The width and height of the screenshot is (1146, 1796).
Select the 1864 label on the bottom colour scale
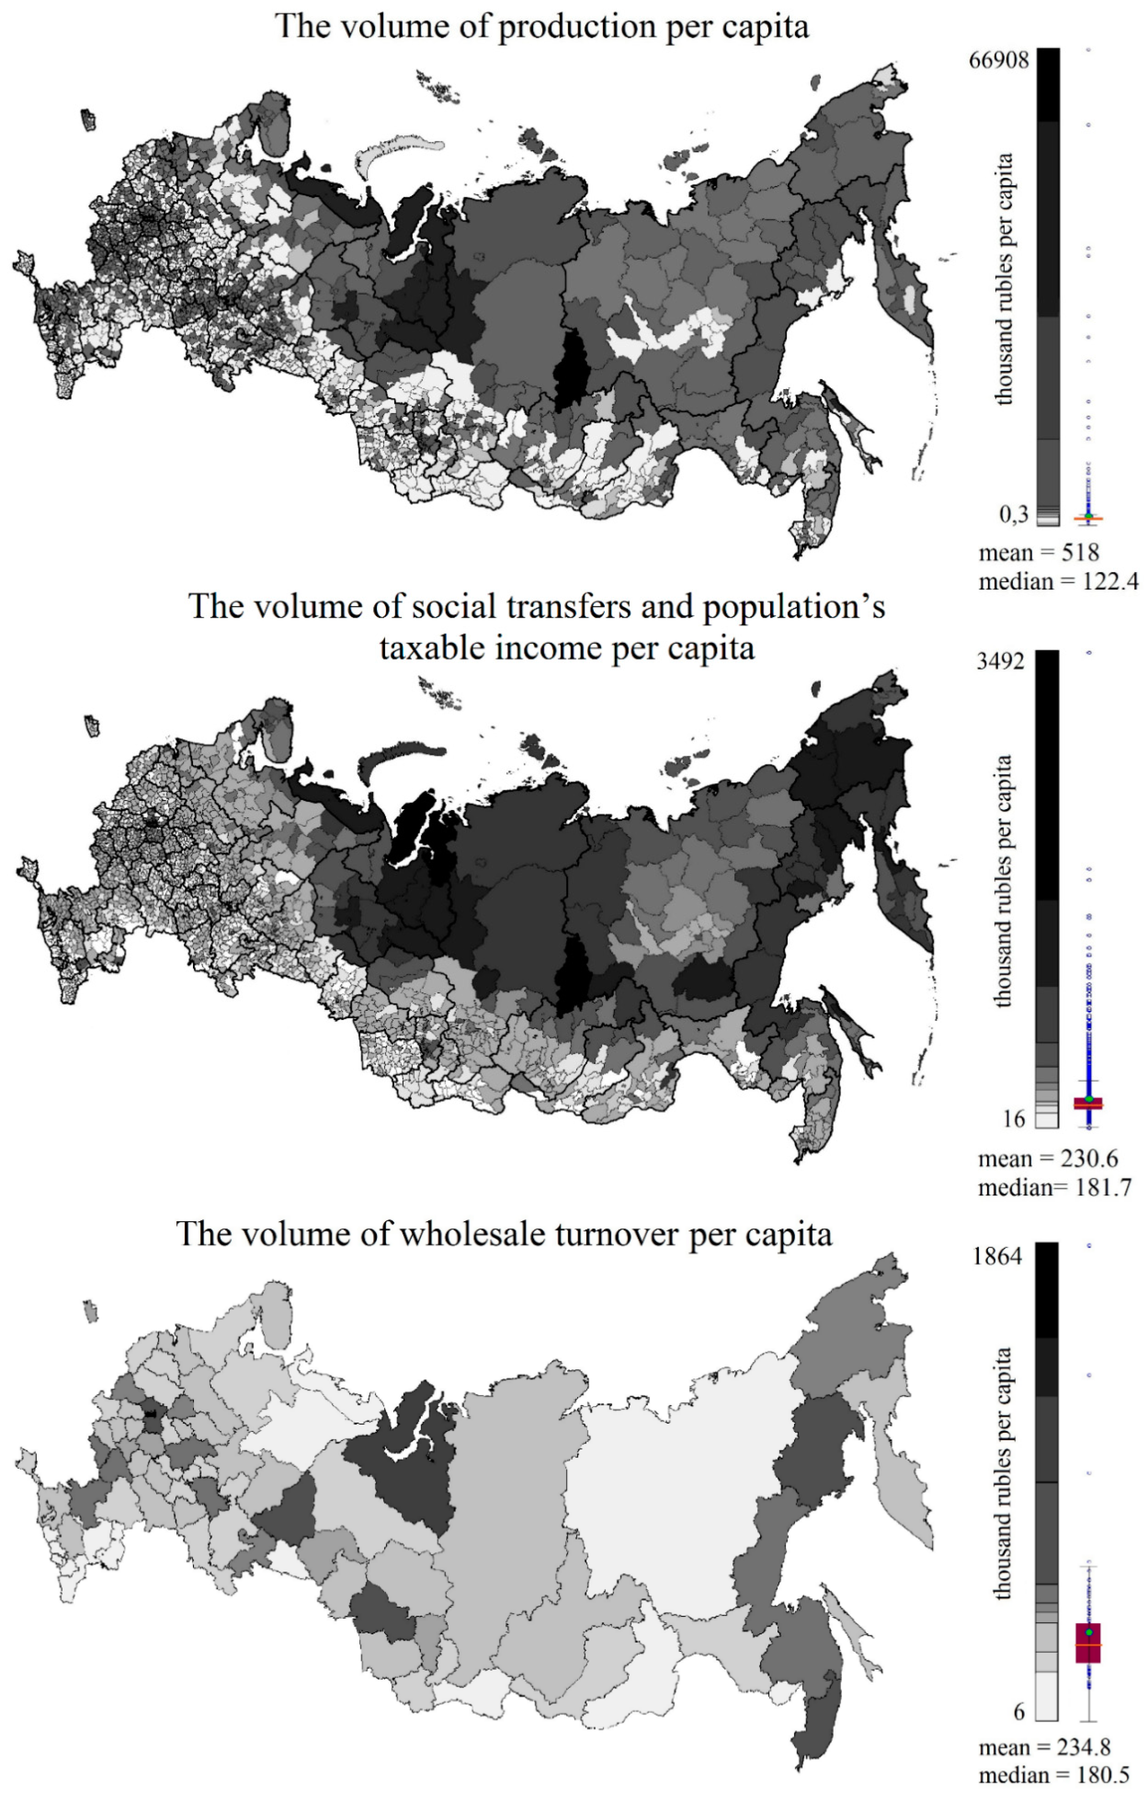pyautogui.click(x=997, y=1257)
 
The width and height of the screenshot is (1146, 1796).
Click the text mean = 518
pyautogui.click(x=1039, y=554)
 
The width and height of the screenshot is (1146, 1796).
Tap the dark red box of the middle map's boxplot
pyautogui.click(x=1088, y=1104)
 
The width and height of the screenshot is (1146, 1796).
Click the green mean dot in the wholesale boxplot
pyautogui.click(x=1089, y=1633)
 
